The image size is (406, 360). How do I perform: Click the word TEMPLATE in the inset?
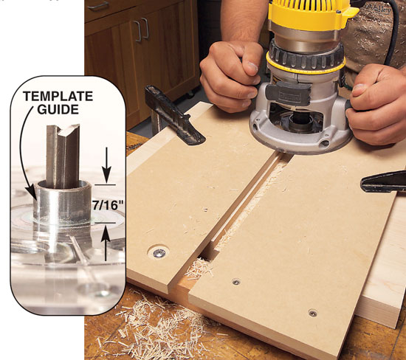pyautogui.click(x=58, y=97)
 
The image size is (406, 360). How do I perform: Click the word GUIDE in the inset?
pyautogui.click(x=58, y=109)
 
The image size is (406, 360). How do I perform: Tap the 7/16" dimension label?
pyautogui.click(x=108, y=206)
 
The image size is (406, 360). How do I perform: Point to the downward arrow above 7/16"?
pyautogui.click(x=106, y=166)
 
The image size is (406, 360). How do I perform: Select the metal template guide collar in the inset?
pyautogui.click(x=63, y=202)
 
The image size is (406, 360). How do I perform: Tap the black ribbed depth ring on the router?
pyautogui.click(x=306, y=56)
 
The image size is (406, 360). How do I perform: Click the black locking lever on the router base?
pyautogui.click(x=288, y=91)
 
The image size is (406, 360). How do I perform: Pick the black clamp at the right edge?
pyautogui.click(x=383, y=182)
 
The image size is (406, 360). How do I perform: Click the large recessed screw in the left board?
pyautogui.click(x=159, y=253)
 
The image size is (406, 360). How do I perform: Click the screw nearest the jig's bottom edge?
pyautogui.click(x=313, y=314)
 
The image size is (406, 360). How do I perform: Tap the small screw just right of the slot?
pyautogui.click(x=236, y=282)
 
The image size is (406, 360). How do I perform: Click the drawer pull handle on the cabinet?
pyautogui.click(x=98, y=6)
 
